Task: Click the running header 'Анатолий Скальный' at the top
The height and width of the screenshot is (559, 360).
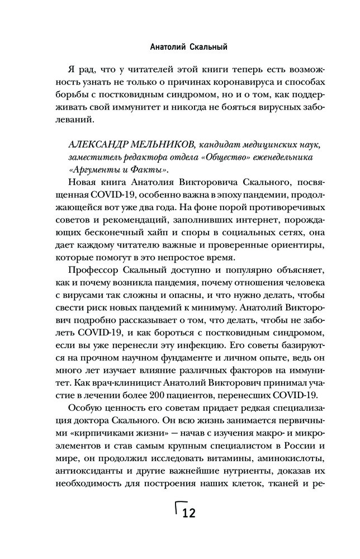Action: (x=179, y=47)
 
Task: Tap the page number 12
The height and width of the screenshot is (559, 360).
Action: (x=188, y=513)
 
